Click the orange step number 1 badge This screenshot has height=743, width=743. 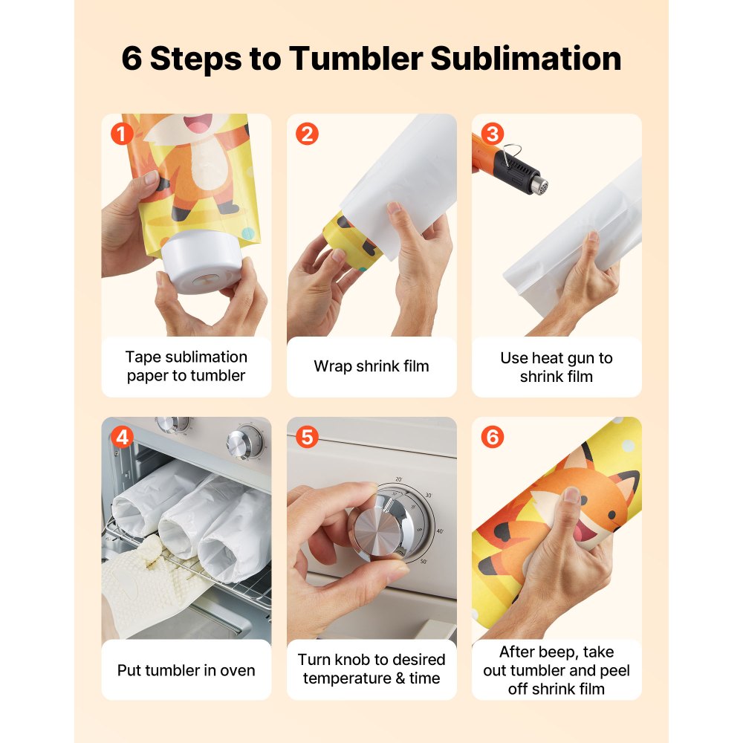click(121, 134)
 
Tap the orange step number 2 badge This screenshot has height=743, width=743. click(307, 134)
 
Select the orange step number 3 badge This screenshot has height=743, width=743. click(492, 134)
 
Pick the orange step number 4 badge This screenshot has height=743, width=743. click(121, 438)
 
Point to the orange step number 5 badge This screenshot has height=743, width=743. click(307, 438)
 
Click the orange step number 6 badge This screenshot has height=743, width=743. click(492, 438)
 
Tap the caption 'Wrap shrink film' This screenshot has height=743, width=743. click(371, 366)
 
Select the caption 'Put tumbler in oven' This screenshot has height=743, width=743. click(186, 670)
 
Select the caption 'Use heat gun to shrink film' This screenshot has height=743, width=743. click(557, 367)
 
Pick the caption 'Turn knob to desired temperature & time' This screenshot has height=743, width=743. click(371, 669)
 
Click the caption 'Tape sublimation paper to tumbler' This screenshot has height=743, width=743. click(186, 366)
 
